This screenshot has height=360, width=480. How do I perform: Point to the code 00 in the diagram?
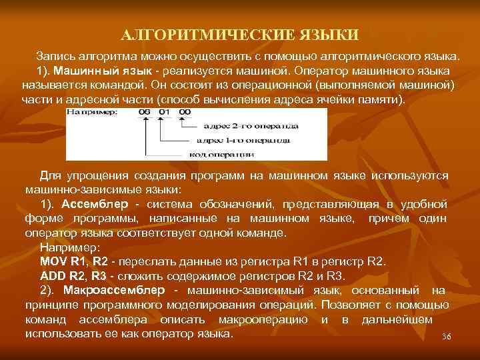point(185,113)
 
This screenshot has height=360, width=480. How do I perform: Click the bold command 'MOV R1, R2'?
point(74,261)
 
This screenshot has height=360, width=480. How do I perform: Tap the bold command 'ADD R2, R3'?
point(73,275)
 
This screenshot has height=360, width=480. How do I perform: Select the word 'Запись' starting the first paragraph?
point(55,55)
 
